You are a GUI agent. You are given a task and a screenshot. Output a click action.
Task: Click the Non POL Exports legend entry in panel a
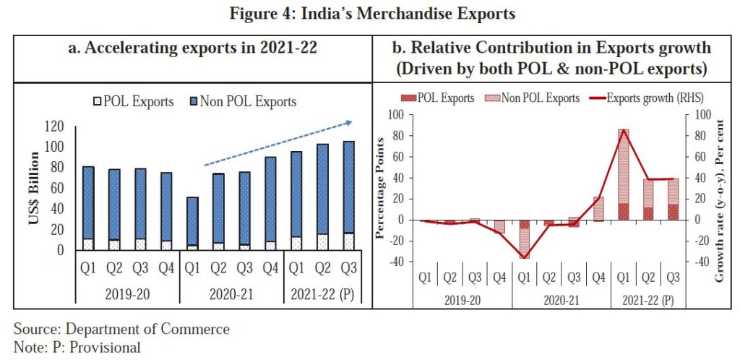[245, 101]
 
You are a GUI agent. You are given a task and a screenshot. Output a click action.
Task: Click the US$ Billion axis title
[34, 189]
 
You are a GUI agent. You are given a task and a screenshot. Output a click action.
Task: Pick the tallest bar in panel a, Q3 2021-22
[348, 195]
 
